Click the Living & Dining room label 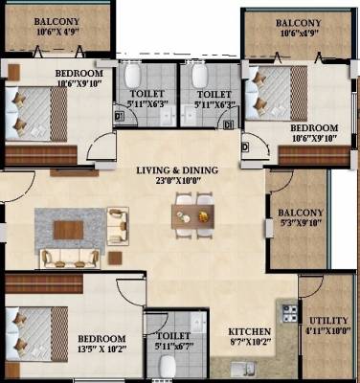click(176, 170)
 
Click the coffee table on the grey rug click(68, 230)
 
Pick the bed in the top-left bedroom click(38, 112)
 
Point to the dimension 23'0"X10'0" click(176, 182)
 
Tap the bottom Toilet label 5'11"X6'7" click(172, 346)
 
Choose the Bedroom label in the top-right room click(313, 127)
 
